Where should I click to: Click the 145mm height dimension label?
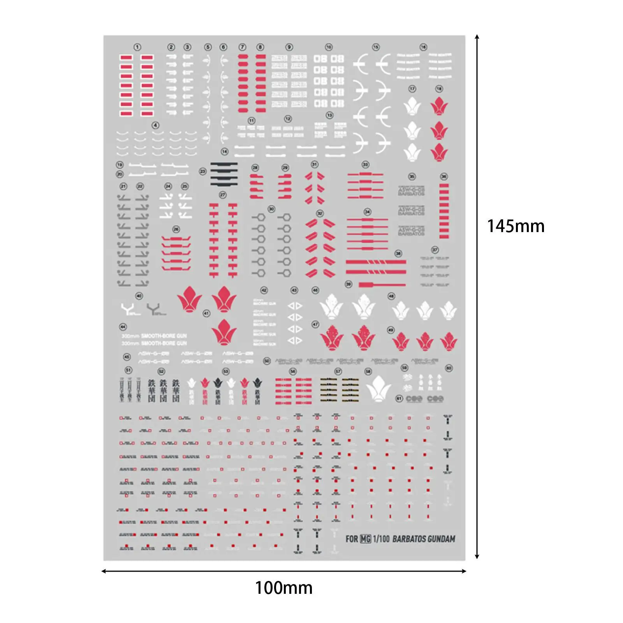click(x=516, y=226)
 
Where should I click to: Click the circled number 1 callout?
click(x=137, y=47)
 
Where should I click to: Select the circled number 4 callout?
click(x=156, y=125)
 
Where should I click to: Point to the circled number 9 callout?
click(x=289, y=47)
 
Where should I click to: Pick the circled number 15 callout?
click(x=376, y=47)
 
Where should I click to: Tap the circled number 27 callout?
click(x=223, y=195)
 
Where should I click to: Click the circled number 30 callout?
click(x=271, y=209)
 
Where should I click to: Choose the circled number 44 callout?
click(x=123, y=327)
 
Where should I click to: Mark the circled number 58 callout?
click(x=368, y=371)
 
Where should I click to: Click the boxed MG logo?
click(x=365, y=539)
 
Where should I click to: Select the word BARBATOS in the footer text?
click(x=409, y=539)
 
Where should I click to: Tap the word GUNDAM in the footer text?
click(x=441, y=539)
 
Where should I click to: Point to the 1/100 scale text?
click(x=381, y=539)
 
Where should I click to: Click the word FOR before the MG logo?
click(x=352, y=539)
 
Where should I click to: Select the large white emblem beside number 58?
click(x=378, y=388)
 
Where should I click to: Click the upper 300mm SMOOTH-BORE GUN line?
click(x=154, y=336)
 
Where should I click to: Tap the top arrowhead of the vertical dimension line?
click(x=477, y=37)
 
